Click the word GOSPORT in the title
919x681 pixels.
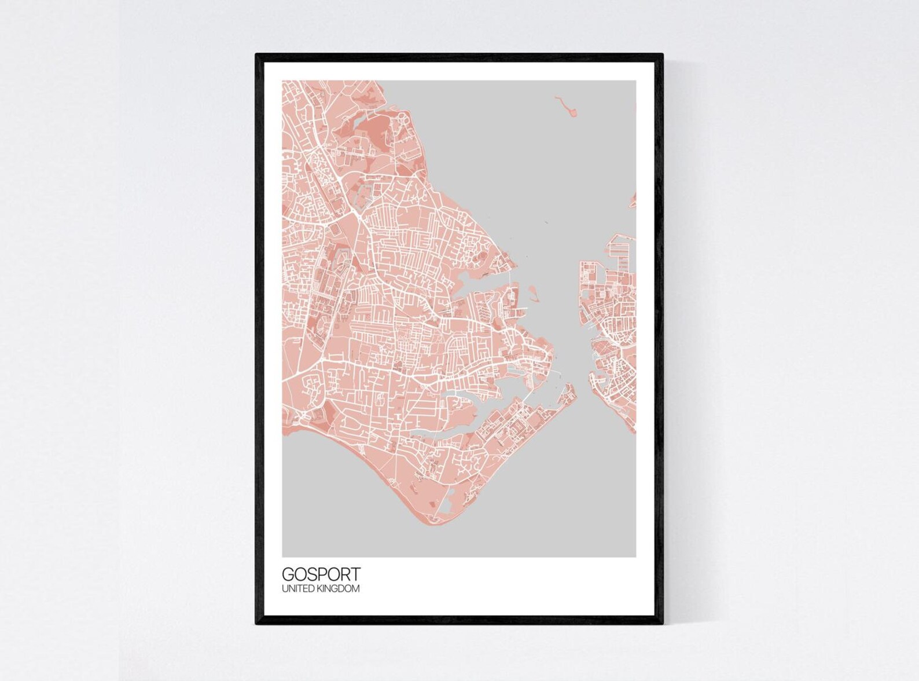(x=321, y=574)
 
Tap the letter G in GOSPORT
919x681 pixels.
(x=288, y=574)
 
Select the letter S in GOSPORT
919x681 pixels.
(x=310, y=574)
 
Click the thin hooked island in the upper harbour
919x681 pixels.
(x=565, y=107)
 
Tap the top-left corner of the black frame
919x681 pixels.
(x=257, y=55)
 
